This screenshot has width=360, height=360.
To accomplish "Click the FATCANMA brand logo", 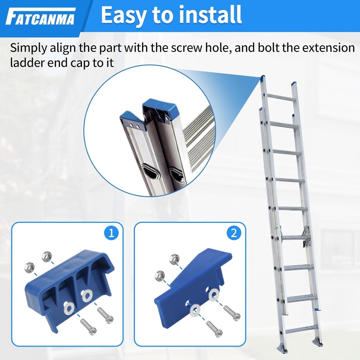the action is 41,17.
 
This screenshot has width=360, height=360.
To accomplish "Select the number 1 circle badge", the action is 111,233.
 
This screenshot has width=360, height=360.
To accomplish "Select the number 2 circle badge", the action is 234,233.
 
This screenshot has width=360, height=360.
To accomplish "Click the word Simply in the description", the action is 28,48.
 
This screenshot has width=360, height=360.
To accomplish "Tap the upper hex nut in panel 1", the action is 47,256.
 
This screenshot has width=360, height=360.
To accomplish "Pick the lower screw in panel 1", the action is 89,327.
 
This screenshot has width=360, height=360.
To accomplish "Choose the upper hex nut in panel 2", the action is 174,259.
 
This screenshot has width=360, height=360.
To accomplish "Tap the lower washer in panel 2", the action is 195,310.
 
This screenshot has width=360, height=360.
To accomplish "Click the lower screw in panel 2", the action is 214,329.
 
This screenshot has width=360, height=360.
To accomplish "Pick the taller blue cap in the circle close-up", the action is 160,111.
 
